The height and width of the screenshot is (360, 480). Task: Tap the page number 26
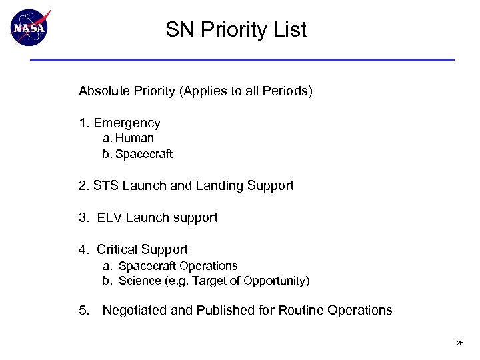click(x=460, y=343)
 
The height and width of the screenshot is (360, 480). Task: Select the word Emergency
click(x=127, y=123)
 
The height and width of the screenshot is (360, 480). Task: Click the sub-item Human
click(x=135, y=139)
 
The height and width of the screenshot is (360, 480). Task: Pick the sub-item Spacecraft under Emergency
click(x=144, y=155)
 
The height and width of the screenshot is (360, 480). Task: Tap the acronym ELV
click(x=109, y=218)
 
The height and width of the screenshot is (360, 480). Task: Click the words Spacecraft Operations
click(x=178, y=266)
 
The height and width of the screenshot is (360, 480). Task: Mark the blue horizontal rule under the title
click(x=241, y=60)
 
